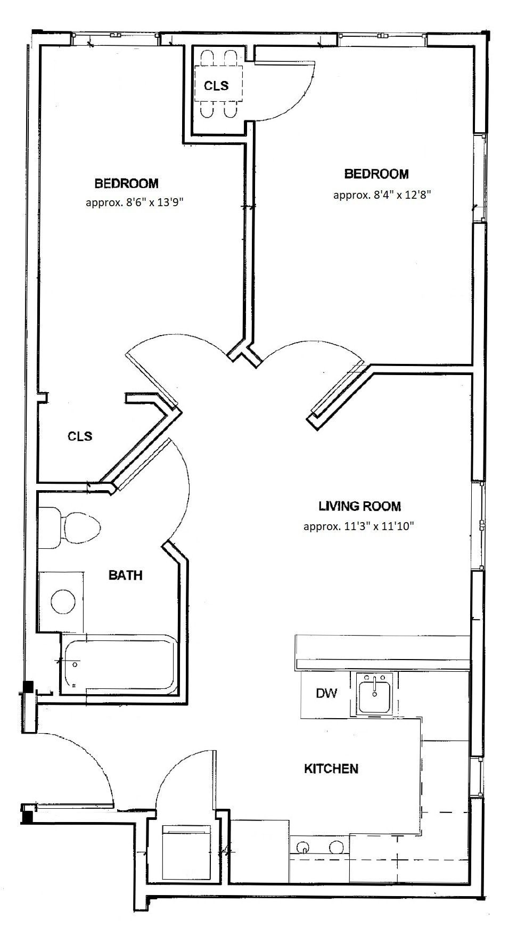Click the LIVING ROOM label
pyautogui.click(x=359, y=506)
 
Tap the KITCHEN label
pyautogui.click(x=331, y=768)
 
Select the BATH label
pyautogui.click(x=125, y=575)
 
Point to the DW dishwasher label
pyautogui.click(x=326, y=693)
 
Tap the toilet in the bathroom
pyautogui.click(x=69, y=527)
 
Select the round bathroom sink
pyautogui.click(x=63, y=602)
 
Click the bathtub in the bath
pyautogui.click(x=120, y=664)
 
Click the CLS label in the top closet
pyautogui.click(x=216, y=86)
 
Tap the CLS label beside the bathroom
pyautogui.click(x=80, y=436)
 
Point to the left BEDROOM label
pyautogui.click(x=126, y=183)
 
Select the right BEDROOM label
pyautogui.click(x=376, y=174)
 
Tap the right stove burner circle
pyautogui.click(x=336, y=846)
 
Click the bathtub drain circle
pyautogui.click(x=76, y=665)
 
